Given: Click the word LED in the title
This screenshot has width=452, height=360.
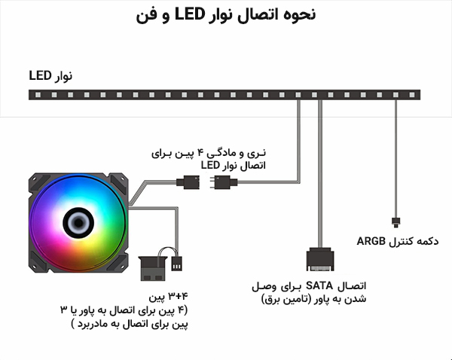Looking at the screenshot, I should pos(197,14).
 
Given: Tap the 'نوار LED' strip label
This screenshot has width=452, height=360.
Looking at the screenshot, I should pos(50,76).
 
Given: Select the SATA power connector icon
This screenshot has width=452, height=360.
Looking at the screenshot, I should pos(320,260).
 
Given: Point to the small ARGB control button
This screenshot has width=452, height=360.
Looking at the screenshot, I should pos(395,221).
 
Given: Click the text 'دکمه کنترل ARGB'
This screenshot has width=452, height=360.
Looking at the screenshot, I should pos(398,241).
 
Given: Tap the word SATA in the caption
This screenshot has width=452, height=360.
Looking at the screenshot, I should pos(326,285).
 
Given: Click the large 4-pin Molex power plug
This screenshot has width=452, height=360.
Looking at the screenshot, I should pos(156,266).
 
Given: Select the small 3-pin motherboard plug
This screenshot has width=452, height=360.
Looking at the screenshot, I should pos(178,264).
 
